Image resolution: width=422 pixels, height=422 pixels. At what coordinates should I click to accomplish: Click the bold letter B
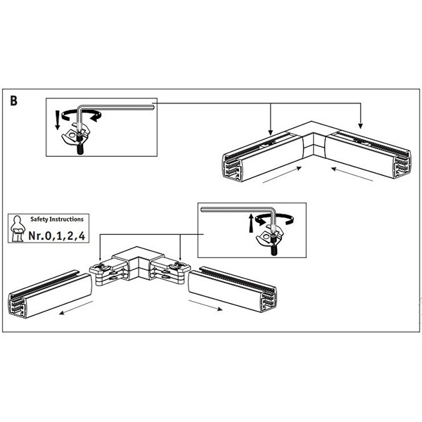tap(14, 101)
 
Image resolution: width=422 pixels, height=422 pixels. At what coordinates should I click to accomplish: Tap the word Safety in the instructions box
tap(39, 219)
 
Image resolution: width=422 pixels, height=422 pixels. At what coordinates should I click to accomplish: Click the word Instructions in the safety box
tap(67, 219)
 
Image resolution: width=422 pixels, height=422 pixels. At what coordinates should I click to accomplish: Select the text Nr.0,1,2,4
tap(57, 236)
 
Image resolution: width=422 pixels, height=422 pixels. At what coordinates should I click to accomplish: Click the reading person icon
tap(17, 228)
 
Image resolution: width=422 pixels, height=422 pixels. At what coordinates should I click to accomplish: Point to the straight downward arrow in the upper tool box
tap(58, 120)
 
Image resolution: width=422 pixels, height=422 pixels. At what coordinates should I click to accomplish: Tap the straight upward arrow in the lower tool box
tap(251, 223)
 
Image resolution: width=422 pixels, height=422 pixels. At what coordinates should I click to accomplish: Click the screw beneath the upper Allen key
tap(80, 144)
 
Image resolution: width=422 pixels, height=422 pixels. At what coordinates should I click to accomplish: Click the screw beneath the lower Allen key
tap(274, 245)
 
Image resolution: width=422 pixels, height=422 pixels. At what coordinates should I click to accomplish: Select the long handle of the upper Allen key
tap(116, 108)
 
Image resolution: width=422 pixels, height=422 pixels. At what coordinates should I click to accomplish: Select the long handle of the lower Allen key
tap(237, 209)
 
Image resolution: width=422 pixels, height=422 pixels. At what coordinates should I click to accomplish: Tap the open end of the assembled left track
tap(231, 167)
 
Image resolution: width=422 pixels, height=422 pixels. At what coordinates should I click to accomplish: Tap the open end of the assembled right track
tap(402, 164)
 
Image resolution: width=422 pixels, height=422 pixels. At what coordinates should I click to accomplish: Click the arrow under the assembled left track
tap(282, 175)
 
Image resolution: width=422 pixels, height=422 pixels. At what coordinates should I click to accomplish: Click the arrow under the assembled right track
tap(352, 174)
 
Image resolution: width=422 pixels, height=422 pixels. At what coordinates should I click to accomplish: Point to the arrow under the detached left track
tap(76, 307)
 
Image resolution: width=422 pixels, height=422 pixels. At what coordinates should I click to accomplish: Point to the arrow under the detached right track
tap(205, 305)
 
